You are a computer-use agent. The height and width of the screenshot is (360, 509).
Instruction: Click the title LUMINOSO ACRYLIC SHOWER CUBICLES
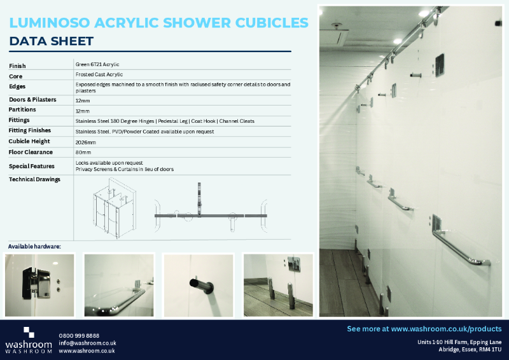pyautogui.click(x=159, y=23)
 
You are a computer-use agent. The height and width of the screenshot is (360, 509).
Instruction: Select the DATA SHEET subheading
pyautogui.click(x=52, y=42)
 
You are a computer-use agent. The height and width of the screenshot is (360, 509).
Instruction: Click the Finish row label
pyautogui.click(x=18, y=66)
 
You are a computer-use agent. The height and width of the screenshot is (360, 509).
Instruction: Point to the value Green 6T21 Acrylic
pyautogui.click(x=97, y=64)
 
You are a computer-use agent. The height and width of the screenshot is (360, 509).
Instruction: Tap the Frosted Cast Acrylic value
pyautogui.click(x=100, y=74)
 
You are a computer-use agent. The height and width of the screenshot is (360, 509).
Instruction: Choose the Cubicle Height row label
pyautogui.click(x=29, y=141)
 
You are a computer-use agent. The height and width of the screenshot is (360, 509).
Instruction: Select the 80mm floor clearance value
pyautogui.click(x=83, y=153)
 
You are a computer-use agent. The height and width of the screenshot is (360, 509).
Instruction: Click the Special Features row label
pyautogui.click(x=32, y=166)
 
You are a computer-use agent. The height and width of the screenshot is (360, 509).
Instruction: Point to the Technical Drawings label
pyautogui.click(x=34, y=179)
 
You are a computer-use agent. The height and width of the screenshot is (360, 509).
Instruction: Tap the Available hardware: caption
pyautogui.click(x=34, y=246)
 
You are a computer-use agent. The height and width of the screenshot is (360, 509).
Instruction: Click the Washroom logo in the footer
pyautogui.click(x=29, y=340)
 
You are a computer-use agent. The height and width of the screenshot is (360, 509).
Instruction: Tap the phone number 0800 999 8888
pyautogui.click(x=79, y=335)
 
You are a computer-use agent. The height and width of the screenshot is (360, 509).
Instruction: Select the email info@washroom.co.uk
pyautogui.click(x=87, y=343)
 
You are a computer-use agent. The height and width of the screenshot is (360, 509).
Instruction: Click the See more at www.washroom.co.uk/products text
pyautogui.click(x=424, y=329)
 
